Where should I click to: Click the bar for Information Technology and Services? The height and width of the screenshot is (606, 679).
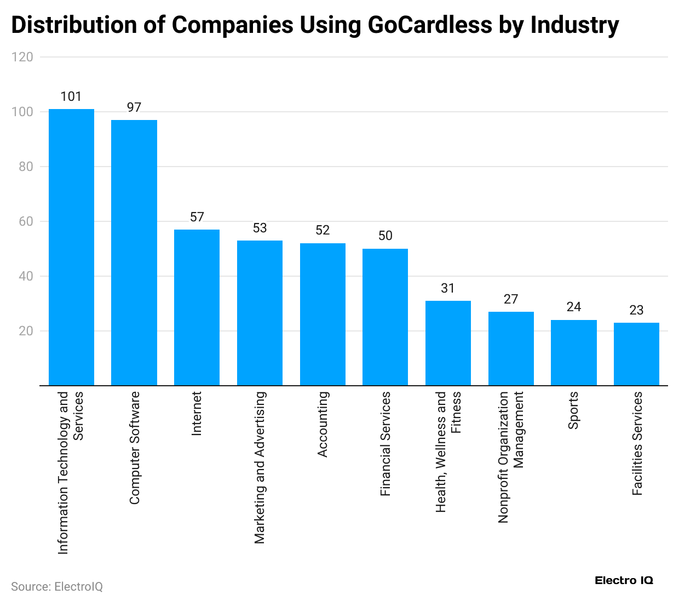[71, 247]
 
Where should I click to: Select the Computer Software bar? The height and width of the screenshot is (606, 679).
[134, 253]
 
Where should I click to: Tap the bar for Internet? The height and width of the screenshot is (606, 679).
[197, 307]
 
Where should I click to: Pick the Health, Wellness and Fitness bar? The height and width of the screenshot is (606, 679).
[448, 343]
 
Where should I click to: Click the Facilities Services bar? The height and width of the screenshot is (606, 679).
[636, 354]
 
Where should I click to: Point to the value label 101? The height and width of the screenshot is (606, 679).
[71, 97]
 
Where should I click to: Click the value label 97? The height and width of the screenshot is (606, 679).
[134, 107]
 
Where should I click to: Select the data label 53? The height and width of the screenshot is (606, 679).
[260, 228]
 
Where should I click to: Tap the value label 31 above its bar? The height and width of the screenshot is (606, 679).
[448, 288]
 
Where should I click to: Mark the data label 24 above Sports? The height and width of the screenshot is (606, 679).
[573, 307]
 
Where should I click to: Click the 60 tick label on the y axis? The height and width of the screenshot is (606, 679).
[25, 221]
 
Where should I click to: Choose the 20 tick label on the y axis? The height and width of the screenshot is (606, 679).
[25, 331]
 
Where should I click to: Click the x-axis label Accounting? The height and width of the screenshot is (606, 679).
[323, 424]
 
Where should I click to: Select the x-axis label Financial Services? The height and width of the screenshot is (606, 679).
[385, 444]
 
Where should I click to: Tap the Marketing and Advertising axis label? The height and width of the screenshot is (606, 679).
[260, 467]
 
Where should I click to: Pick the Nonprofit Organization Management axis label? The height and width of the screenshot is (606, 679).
[510, 457]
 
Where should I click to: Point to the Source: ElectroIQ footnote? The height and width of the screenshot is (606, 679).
[57, 587]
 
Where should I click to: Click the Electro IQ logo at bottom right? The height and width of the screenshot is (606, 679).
[624, 581]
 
